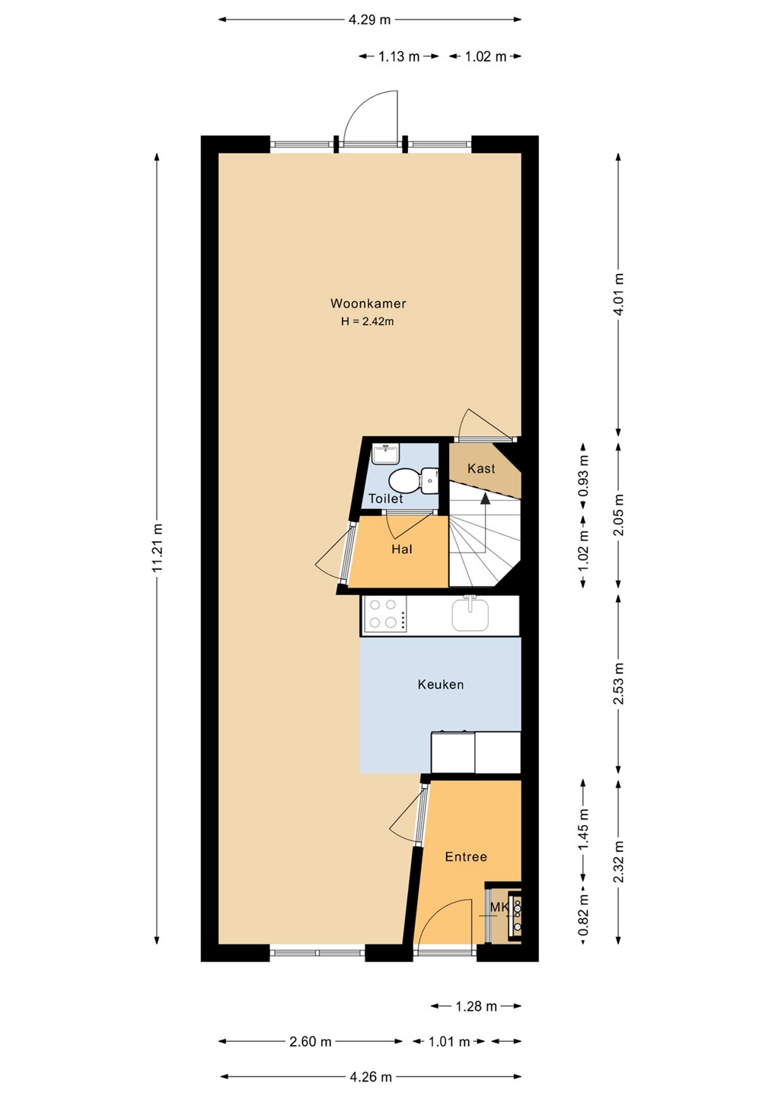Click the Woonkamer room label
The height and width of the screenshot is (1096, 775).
[368, 304]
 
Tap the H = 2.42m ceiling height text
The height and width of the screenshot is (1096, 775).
[368, 321]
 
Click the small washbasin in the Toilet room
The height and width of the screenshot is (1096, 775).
[386, 454]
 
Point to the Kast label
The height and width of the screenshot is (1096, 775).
[481, 468]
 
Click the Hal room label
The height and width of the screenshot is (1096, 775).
[402, 549]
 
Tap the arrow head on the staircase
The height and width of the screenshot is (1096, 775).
[485, 498]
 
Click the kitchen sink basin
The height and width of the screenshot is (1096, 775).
[470, 614]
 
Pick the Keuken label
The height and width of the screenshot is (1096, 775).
[440, 684]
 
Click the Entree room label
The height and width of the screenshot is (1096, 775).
[466, 856]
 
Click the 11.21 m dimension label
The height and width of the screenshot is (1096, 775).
[157, 548]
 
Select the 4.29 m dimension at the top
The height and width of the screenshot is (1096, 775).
[369, 20]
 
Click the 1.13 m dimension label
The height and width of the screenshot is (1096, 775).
[399, 56]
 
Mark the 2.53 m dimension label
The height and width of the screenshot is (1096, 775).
[618, 683]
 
